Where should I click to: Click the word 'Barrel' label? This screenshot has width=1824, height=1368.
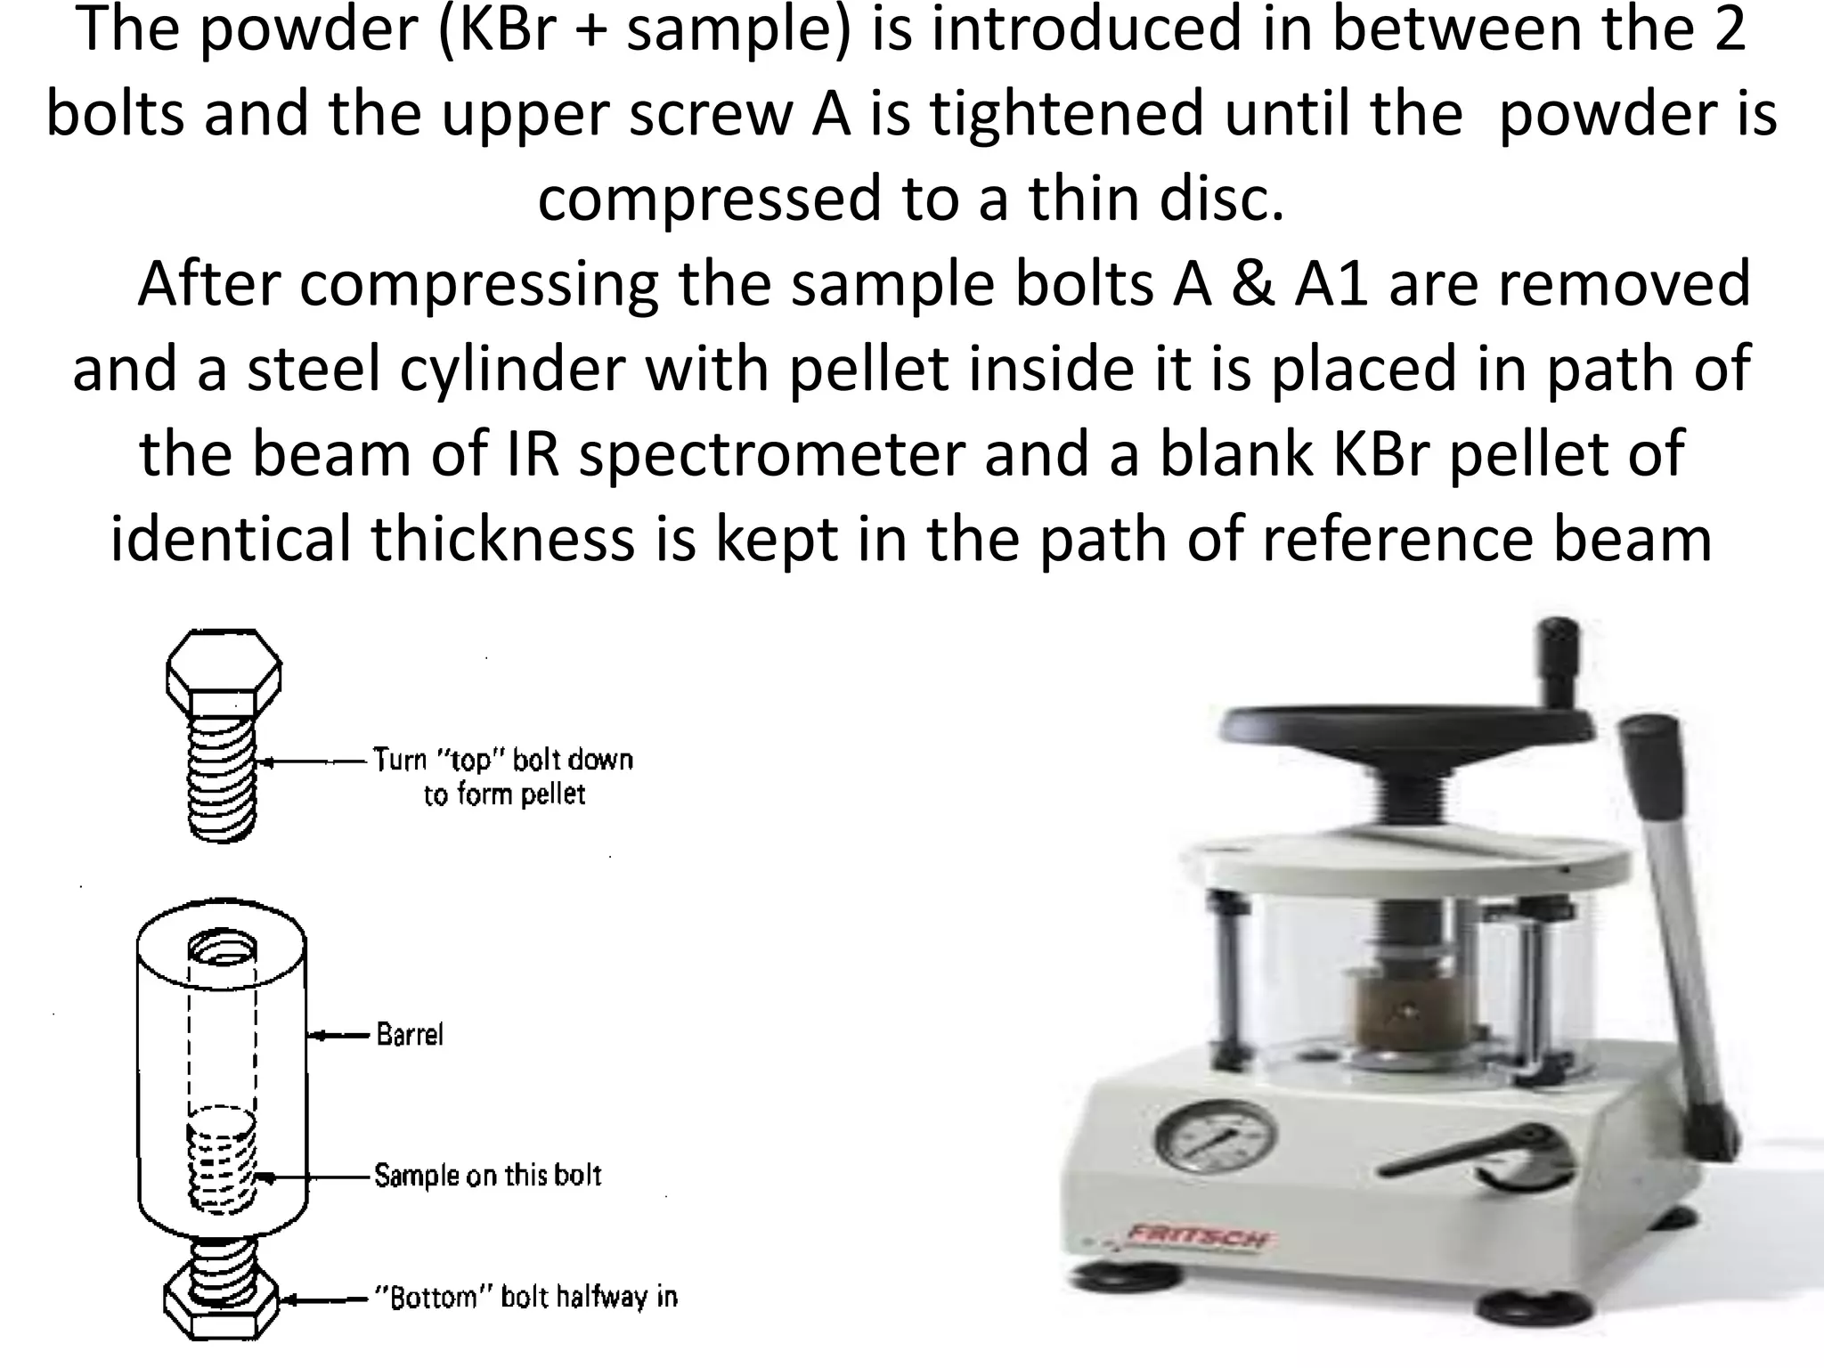[409, 1035]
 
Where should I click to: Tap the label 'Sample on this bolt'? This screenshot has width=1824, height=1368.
[487, 1176]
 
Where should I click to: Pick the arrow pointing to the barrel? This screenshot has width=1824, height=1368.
[338, 1035]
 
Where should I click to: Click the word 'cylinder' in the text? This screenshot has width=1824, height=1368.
[514, 369]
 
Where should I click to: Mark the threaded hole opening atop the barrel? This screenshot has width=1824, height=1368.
[224, 949]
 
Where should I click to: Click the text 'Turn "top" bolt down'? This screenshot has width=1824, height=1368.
[503, 760]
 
